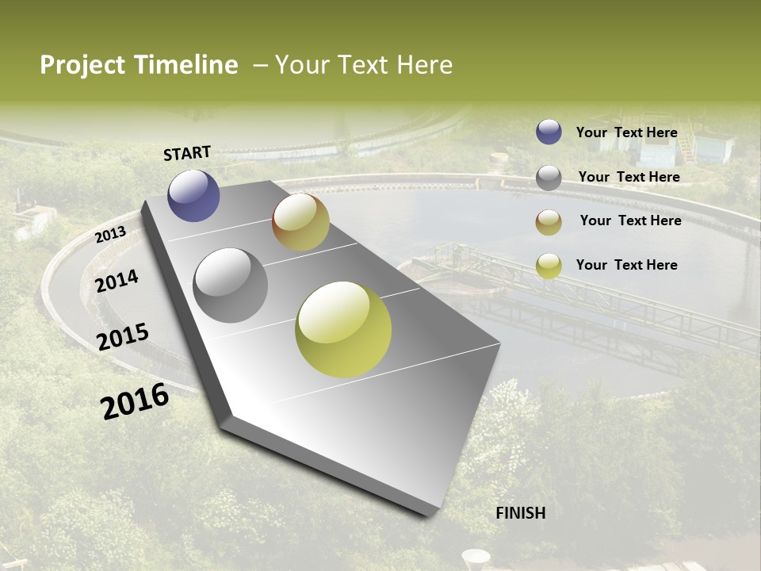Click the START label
[x=187, y=153]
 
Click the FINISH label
[x=521, y=513]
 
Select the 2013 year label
[x=110, y=235]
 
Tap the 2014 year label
[x=117, y=282]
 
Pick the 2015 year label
[x=123, y=337]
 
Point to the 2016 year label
[x=135, y=400]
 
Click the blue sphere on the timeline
[x=193, y=195]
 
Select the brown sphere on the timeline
[x=300, y=222]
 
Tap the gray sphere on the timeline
[x=231, y=285]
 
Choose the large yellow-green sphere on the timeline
[x=343, y=329]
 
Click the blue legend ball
[x=549, y=132]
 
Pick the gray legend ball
[x=549, y=178]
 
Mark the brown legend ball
[x=549, y=222]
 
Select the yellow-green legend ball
[x=549, y=266]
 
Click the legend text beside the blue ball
[x=626, y=132]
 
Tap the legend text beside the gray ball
[x=629, y=177]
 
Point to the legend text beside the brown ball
[x=630, y=220]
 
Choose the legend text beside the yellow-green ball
[x=626, y=265]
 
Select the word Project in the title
[x=83, y=66]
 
